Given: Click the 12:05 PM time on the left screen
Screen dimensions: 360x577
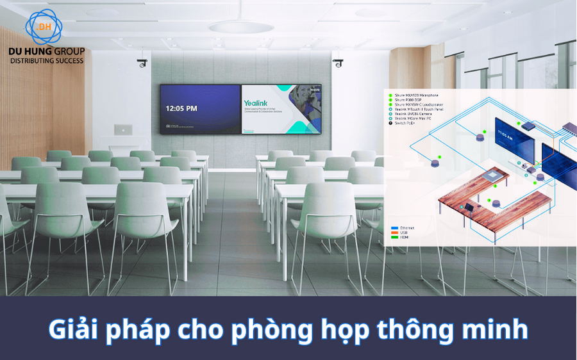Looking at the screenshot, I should [181, 108].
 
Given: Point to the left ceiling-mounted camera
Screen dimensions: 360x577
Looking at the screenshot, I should [142, 63].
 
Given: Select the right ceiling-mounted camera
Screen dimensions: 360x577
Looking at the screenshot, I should [338, 63].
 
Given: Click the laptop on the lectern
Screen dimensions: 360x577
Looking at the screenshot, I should [123, 129].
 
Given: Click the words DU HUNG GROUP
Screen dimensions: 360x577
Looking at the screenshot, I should [46, 51].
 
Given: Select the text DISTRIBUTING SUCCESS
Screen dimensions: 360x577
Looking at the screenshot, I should [46, 60].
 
